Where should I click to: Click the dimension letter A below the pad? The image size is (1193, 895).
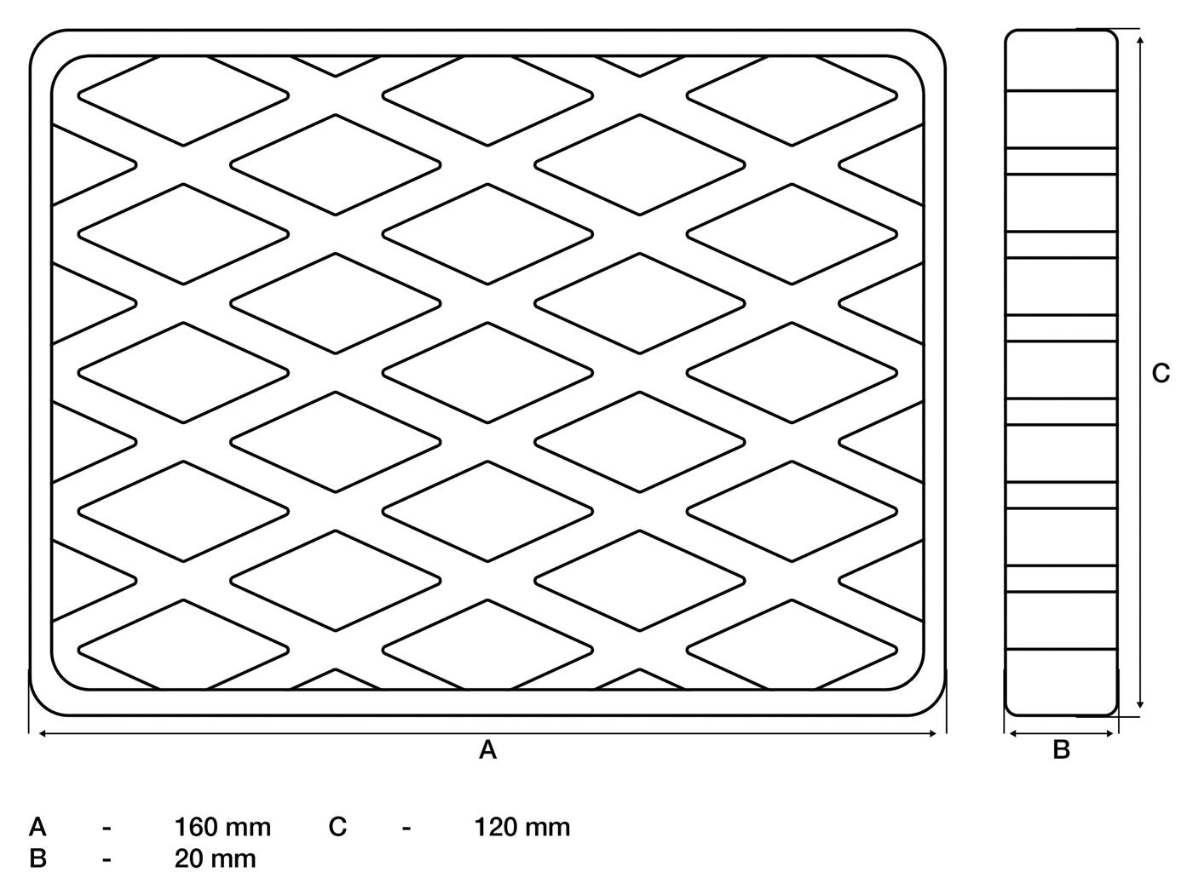[487, 750]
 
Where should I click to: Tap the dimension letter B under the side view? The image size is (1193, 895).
[1062, 750]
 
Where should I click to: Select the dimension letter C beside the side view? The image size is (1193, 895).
[1161, 373]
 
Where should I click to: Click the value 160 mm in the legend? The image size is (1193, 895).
[222, 828]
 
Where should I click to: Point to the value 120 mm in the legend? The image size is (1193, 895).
[522, 828]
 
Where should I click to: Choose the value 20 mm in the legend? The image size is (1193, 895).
[216, 859]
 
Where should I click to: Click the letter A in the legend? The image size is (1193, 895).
[38, 828]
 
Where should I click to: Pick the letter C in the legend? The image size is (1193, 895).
[337, 828]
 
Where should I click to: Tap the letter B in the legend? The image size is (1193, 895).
[38, 859]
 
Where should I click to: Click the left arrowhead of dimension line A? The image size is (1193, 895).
[43, 734]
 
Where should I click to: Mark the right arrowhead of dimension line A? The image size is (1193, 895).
[932, 734]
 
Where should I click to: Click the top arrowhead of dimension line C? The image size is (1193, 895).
[1140, 41]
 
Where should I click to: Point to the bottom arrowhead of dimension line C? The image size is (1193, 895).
[1140, 704]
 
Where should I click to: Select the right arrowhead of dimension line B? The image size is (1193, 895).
[1109, 734]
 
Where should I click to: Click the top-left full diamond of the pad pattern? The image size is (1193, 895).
[183, 96]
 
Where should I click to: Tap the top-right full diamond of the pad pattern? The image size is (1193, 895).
[792, 96]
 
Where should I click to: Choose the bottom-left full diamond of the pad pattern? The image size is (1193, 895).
[183, 650]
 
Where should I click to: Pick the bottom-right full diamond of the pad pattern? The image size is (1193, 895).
[792, 650]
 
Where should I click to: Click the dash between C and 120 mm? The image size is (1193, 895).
[406, 829]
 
